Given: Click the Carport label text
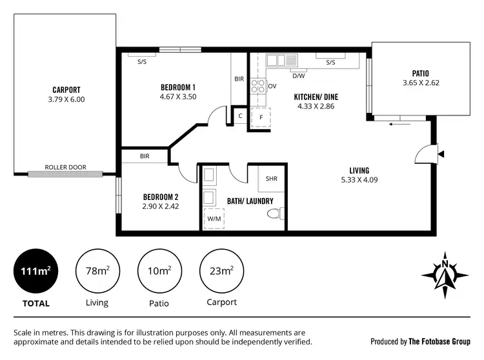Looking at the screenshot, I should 66,90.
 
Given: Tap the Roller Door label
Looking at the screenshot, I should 65,167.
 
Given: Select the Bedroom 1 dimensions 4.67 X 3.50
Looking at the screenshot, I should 178,97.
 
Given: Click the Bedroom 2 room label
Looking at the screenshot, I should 161,197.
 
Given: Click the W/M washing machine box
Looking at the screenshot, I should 213,219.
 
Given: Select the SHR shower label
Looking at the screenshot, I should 271,179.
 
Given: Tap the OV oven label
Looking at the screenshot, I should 272,86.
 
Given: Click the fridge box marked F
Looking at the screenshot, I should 261,118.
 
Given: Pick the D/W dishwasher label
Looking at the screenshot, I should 298,75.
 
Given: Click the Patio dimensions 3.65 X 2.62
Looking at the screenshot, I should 420,83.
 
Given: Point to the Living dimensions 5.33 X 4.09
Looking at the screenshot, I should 359,180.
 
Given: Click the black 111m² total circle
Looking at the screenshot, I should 35,271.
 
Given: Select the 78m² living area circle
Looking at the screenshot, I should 97,271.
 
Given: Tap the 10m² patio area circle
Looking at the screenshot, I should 159,271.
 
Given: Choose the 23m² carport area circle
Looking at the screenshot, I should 221,271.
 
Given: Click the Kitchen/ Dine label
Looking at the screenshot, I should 316,97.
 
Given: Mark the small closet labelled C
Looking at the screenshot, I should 239,117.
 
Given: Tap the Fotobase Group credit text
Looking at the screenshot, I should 421,341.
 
